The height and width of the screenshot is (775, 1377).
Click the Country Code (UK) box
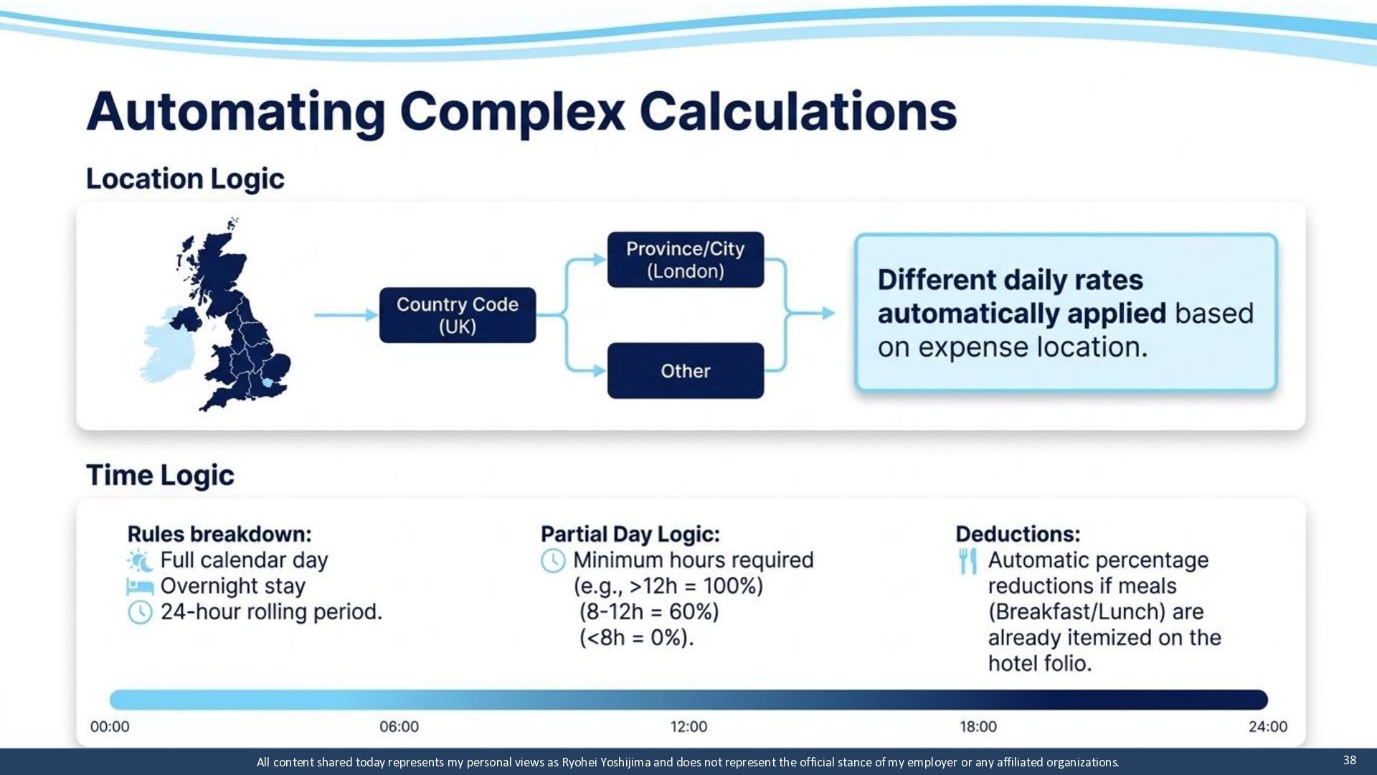[x=458, y=315]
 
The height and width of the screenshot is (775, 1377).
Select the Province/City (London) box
[x=686, y=260]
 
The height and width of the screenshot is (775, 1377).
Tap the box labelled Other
[x=686, y=371]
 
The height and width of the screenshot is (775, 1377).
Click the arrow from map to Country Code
[x=346, y=315]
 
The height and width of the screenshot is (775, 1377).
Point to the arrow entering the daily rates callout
[x=811, y=313]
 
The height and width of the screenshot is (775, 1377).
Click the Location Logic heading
[x=185, y=179]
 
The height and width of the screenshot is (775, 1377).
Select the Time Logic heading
[x=160, y=475]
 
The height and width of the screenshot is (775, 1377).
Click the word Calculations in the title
[x=798, y=112]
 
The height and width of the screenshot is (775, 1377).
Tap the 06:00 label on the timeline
[x=399, y=726]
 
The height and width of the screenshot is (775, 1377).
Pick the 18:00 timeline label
[x=978, y=726]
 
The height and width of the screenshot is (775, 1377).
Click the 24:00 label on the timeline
[x=1268, y=726]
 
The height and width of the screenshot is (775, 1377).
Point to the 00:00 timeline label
[x=110, y=726]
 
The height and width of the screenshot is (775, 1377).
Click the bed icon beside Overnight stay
[x=140, y=586]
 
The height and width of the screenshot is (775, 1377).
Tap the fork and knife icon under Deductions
[x=967, y=561]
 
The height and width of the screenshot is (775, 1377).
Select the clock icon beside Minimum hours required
[x=553, y=560]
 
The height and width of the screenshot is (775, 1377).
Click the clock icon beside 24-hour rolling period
[x=140, y=612]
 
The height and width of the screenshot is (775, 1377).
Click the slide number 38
[x=1350, y=760]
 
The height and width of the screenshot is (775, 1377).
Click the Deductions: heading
[x=1018, y=534]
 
